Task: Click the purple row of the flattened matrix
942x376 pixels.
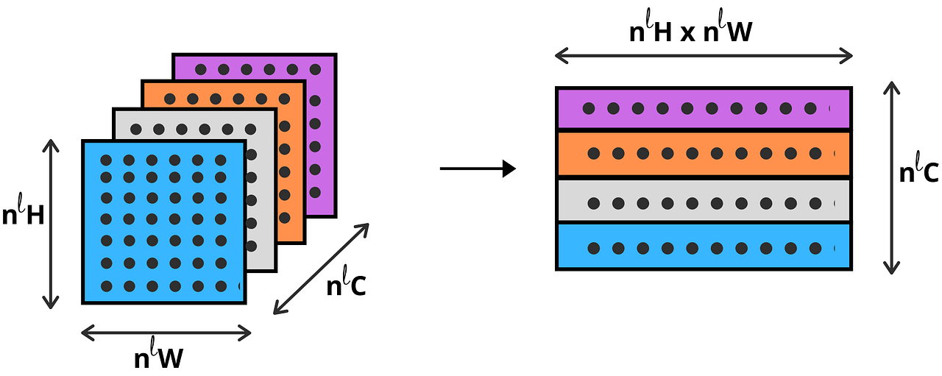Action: (704, 108)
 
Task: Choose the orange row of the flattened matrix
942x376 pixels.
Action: (704, 154)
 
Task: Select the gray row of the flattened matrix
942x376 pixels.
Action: (704, 199)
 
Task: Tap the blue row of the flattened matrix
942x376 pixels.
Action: (704, 246)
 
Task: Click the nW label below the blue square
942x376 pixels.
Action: (158, 358)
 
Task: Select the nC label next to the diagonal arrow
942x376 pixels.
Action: (346, 285)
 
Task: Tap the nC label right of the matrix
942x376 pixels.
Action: (919, 172)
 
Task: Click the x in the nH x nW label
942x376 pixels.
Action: (688, 34)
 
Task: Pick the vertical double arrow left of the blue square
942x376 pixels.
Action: (50, 224)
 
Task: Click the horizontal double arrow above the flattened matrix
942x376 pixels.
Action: (704, 55)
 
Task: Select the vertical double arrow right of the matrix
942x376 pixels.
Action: (892, 177)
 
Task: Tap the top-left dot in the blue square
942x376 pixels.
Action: (106, 160)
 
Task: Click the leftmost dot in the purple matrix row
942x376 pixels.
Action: (589, 108)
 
